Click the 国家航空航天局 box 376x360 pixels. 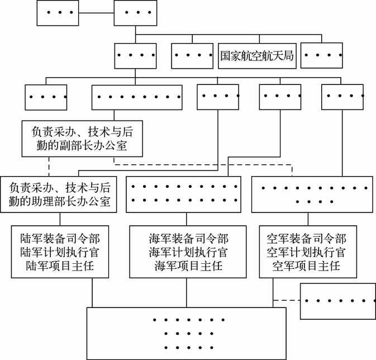257,56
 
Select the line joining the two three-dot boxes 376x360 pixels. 94,12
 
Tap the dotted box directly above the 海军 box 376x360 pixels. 183,194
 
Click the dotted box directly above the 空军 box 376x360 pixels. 312,194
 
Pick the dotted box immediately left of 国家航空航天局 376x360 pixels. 193,56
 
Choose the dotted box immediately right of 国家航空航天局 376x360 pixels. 321,56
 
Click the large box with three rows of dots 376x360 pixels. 187,333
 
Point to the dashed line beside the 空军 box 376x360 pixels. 287,300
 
